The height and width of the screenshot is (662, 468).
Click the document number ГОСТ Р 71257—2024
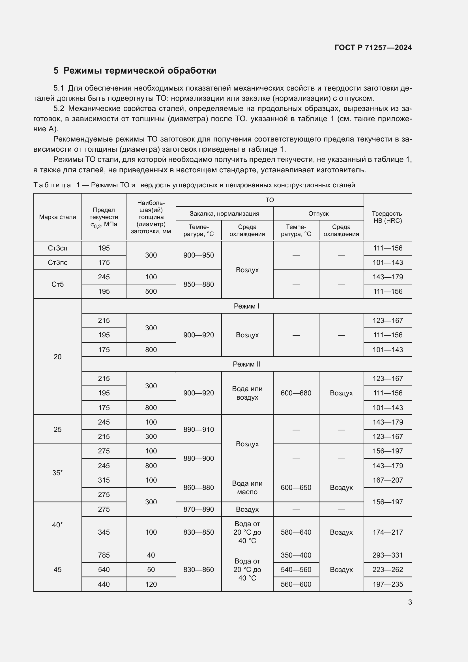tap(373, 48)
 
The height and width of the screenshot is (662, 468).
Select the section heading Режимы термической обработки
tap(140, 71)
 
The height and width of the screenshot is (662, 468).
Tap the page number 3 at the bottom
tap(410, 602)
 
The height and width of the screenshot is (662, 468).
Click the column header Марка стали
tap(58, 217)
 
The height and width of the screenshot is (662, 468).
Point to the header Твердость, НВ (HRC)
tap(387, 217)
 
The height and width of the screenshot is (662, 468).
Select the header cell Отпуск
tap(318, 214)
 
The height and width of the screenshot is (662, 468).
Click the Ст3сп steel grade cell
tap(58, 248)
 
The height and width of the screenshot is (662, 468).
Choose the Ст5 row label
tap(58, 284)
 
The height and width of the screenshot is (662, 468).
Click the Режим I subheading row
tap(246, 306)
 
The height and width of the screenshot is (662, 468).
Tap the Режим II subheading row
tap(246, 364)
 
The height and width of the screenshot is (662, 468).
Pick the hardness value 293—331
tap(387, 555)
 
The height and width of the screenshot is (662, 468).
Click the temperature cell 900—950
tap(199, 255)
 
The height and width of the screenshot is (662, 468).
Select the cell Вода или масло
tap(247, 488)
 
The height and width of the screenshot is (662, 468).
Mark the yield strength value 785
tap(104, 555)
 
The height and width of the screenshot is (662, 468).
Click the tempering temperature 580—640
tap(296, 532)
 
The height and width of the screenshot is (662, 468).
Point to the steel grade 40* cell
tap(58, 525)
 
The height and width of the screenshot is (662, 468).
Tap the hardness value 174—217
tap(387, 532)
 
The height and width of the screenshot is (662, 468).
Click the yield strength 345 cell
tap(104, 532)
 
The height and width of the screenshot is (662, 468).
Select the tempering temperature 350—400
tap(296, 555)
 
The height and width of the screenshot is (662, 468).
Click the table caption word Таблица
tap(52, 185)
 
